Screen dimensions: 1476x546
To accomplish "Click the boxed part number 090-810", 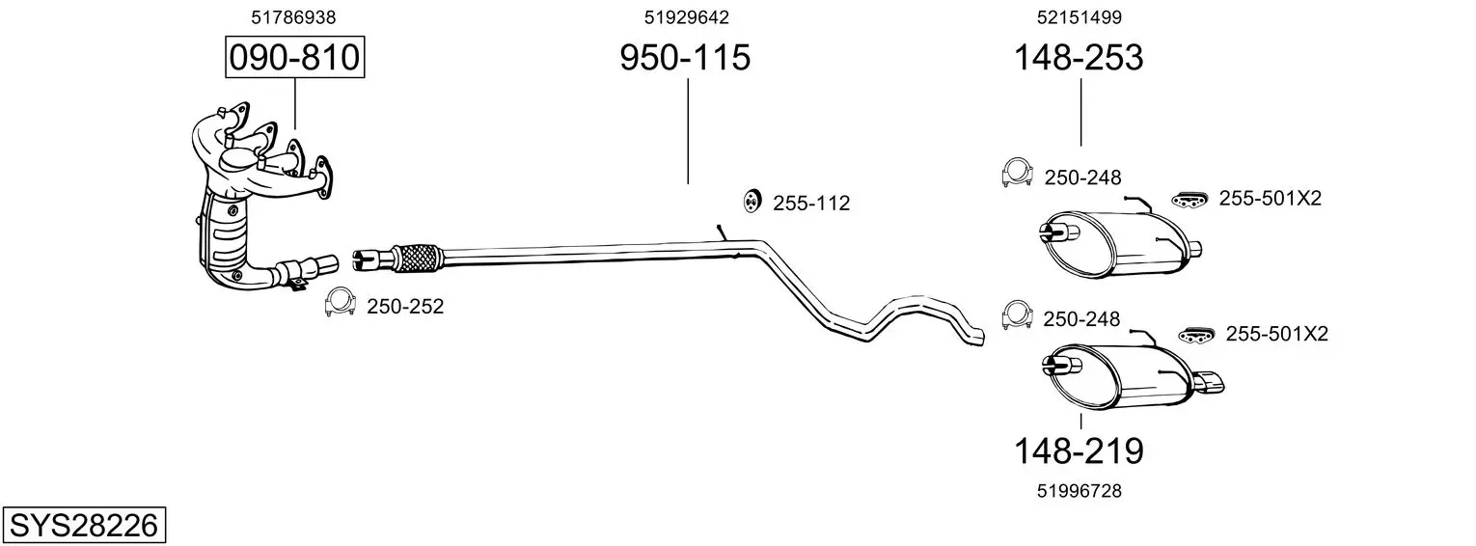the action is coord(294,57).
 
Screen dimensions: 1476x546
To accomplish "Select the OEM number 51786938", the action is coord(293,17).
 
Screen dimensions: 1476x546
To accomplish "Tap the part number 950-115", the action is coord(685,57).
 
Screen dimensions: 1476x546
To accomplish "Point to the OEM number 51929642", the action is coord(687,17).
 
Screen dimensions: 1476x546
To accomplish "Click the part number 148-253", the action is coord(1078,57).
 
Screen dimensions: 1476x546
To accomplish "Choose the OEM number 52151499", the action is coord(1080,17).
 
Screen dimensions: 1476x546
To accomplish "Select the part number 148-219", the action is coord(1078,451).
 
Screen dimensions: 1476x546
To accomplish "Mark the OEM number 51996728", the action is coord(1080,491).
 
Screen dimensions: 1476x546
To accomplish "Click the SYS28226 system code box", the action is coord(84,525).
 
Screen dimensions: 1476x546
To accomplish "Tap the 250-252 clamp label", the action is coord(405,306).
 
